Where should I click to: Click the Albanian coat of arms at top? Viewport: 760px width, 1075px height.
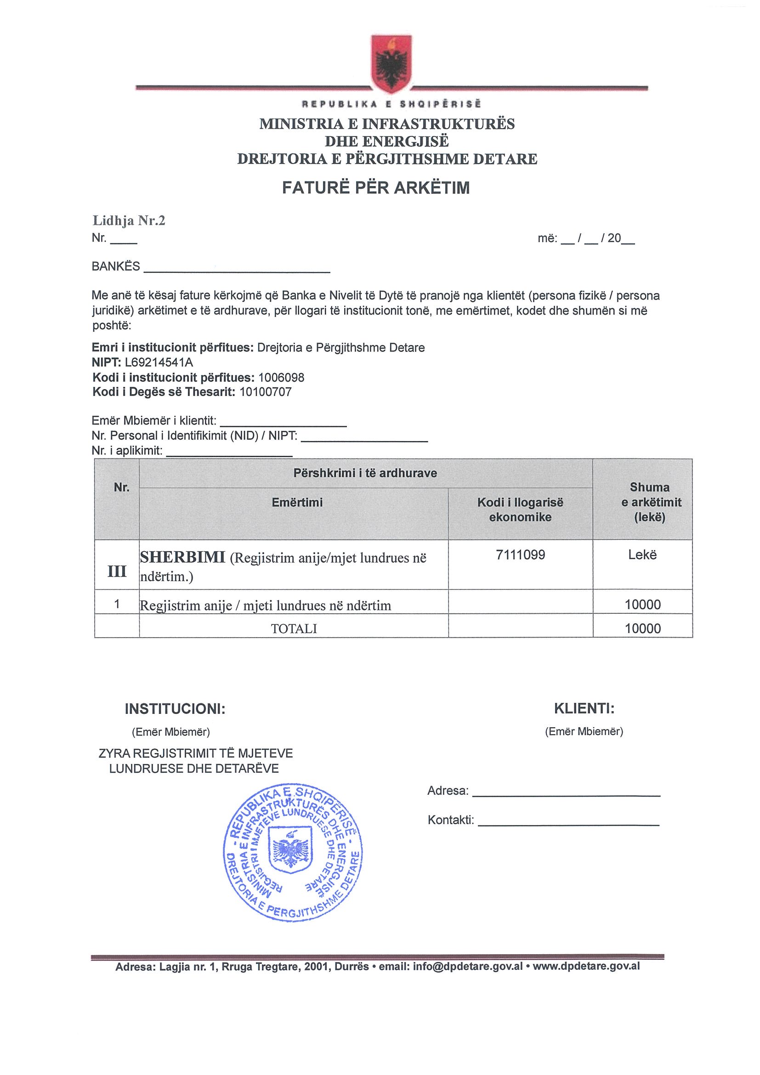click(391, 63)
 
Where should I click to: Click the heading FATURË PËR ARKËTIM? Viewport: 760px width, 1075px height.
click(375, 188)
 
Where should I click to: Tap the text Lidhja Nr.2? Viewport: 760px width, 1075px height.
click(129, 221)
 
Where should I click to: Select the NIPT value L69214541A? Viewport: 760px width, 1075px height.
click(159, 362)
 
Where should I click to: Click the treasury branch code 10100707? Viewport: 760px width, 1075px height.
click(265, 392)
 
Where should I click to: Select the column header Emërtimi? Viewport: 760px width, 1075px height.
click(297, 503)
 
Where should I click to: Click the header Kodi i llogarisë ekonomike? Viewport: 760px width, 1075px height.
click(520, 509)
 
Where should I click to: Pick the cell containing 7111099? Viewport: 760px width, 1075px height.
click(520, 555)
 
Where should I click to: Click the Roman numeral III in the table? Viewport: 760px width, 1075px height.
click(117, 571)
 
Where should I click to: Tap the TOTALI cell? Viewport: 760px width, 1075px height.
click(294, 628)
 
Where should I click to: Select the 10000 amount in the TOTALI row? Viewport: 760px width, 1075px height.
click(642, 628)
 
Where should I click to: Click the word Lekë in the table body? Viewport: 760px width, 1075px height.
click(642, 555)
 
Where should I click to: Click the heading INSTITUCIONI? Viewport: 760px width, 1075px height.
click(175, 709)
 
